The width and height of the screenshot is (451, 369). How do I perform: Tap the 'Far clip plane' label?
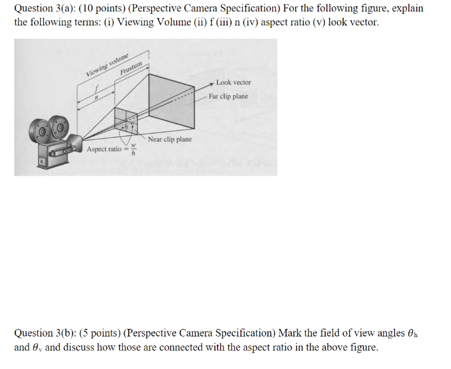pos(228,97)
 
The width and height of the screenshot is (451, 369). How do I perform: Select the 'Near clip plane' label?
pos(169,139)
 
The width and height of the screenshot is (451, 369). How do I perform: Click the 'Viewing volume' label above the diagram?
pos(108,65)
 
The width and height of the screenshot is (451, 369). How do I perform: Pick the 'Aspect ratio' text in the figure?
pos(104,149)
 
